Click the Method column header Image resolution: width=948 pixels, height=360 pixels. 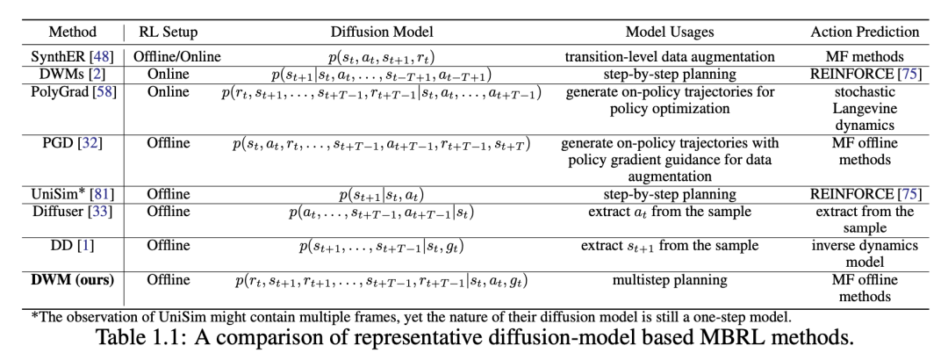click(x=73, y=32)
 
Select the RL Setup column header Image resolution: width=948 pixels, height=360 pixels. click(x=169, y=32)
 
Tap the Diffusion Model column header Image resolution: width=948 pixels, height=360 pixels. click(x=379, y=32)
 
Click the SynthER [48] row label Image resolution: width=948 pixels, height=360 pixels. click(x=73, y=57)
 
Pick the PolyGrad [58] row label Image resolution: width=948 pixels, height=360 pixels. click(x=73, y=91)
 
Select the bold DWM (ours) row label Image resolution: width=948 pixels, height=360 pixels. click(x=73, y=281)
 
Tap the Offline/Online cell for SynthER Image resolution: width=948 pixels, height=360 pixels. click(x=169, y=57)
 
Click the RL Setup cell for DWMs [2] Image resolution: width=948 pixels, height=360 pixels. click(x=169, y=75)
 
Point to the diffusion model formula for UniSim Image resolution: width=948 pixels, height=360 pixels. click(x=379, y=194)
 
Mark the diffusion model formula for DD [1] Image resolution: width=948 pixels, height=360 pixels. click(x=379, y=247)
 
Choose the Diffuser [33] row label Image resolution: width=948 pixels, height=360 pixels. click(x=73, y=211)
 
